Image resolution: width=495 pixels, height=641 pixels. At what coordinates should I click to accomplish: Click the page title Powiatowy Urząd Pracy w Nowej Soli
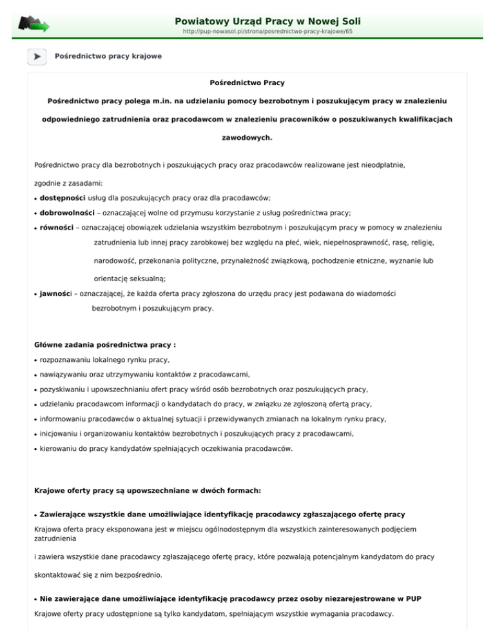tap(270, 12)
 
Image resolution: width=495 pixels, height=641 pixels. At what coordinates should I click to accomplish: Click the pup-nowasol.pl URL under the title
tap(267, 30)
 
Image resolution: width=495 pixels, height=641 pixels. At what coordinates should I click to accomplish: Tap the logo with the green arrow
tap(34, 24)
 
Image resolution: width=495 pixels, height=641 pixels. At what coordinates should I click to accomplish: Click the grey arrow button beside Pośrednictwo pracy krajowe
tap(37, 57)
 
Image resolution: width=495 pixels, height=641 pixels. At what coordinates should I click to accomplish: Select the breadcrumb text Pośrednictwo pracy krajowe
tap(108, 57)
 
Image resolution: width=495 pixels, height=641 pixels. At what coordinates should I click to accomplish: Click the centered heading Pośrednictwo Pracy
tap(247, 83)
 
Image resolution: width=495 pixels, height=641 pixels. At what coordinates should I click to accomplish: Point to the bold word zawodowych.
tap(247, 137)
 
